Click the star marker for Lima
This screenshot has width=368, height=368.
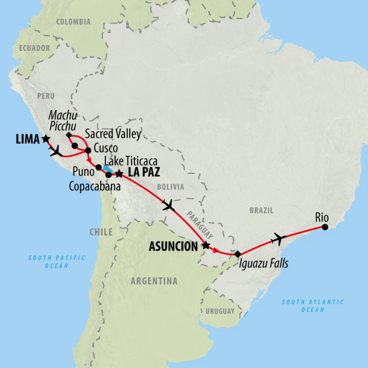tap(46, 138)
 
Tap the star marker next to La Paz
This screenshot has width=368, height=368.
tap(119, 174)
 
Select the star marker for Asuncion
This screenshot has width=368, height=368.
tap(205, 246)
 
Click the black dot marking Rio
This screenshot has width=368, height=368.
tap(325, 227)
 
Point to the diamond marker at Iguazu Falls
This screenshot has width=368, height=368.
tap(237, 254)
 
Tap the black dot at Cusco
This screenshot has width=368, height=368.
tap(88, 150)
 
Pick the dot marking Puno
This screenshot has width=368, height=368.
tap(98, 167)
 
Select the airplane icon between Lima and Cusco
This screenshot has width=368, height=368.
tap(56, 151)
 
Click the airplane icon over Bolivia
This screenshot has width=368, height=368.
tap(168, 206)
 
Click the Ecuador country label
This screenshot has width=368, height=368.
tap(34, 48)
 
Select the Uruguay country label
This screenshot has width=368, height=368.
tap(220, 311)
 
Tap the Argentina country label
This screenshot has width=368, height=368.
tap(154, 281)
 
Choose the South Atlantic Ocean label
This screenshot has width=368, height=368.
tap(313, 305)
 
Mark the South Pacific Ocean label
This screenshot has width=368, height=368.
tap(57, 261)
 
